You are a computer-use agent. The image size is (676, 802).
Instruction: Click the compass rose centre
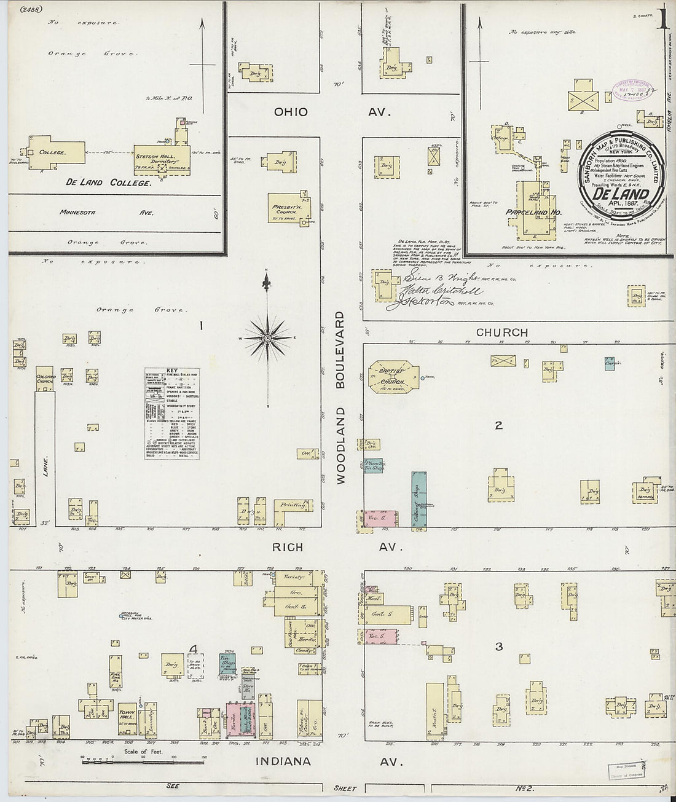coord(268,338)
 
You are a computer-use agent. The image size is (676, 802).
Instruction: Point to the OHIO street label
coord(291,112)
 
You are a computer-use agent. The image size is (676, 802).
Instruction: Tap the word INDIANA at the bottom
coord(284,761)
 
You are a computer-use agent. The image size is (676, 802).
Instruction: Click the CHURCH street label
coord(501,332)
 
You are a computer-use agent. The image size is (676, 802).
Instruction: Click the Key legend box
coord(172,413)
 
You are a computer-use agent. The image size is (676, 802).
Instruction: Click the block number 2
coord(499,425)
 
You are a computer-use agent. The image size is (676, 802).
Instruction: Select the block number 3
coord(499,646)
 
